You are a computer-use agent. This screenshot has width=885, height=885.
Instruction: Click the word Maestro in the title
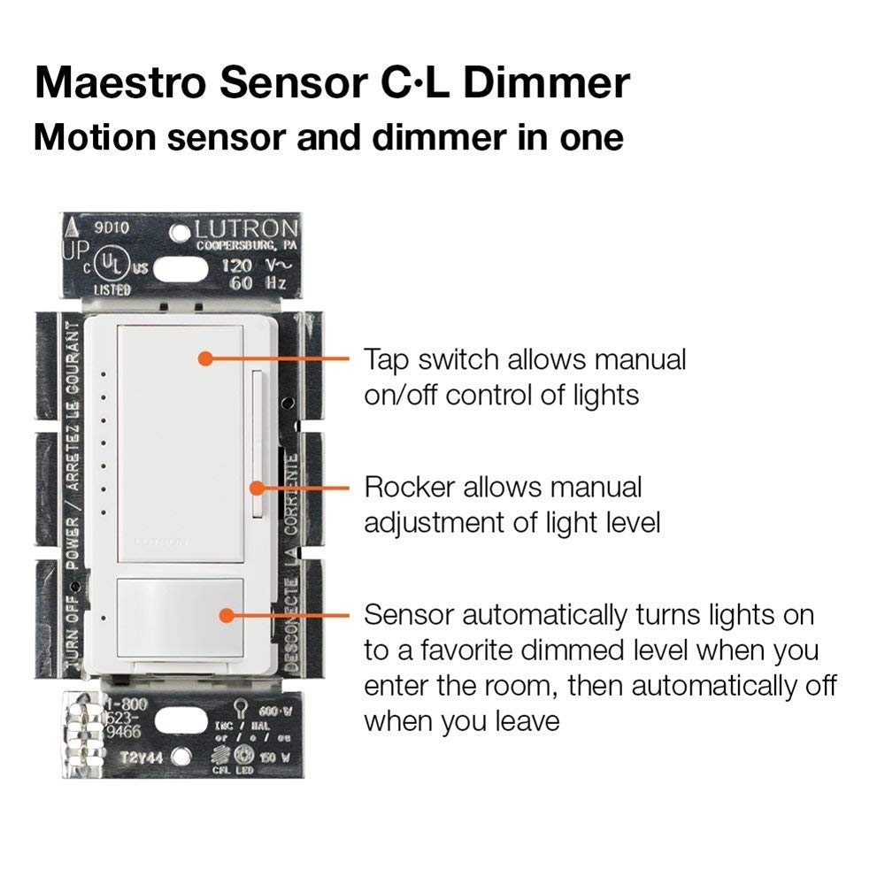click(x=119, y=82)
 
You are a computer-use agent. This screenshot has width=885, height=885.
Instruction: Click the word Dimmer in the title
click(x=546, y=82)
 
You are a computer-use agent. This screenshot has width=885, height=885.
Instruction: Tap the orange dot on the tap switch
click(x=204, y=358)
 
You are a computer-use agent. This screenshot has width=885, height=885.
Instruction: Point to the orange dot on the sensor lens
click(x=227, y=613)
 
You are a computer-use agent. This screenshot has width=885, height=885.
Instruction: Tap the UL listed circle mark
click(x=107, y=265)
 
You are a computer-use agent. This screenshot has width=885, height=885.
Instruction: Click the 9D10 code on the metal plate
click(x=113, y=228)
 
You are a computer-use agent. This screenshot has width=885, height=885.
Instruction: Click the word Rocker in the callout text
click(x=410, y=487)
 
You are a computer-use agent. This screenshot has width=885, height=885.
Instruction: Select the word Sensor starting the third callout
click(x=409, y=614)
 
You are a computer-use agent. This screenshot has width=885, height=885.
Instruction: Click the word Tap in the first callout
click(x=387, y=359)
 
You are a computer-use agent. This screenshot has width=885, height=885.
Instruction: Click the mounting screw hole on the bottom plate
click(x=181, y=757)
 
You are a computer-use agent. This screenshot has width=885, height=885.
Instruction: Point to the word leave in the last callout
click(x=521, y=720)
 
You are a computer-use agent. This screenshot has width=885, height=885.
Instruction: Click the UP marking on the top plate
click(x=73, y=250)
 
